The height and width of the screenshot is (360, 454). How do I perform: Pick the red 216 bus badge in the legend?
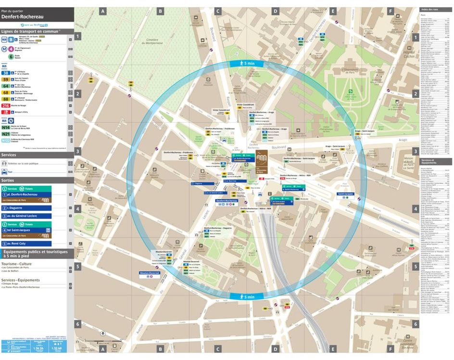6,105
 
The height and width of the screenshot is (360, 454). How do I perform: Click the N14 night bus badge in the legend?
6,127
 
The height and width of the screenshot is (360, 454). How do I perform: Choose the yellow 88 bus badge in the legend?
6,98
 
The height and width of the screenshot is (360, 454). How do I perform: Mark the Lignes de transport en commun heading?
31,31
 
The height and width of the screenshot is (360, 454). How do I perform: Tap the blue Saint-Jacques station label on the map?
345,194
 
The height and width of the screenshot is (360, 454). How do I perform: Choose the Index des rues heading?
429,10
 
